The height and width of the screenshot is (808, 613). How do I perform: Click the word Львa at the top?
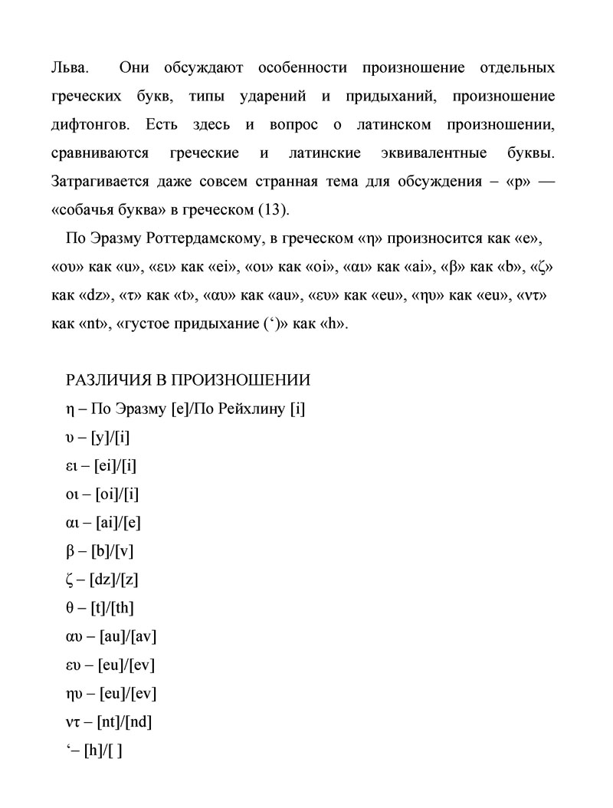tap(69, 68)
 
